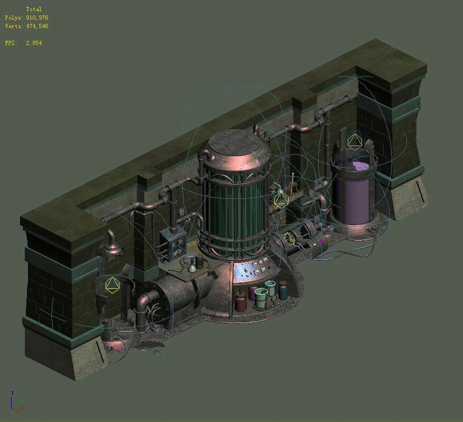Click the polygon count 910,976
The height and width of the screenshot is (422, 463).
(x=37, y=18)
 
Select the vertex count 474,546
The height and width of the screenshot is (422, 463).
(x=37, y=26)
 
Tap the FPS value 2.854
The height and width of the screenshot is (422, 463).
(x=34, y=43)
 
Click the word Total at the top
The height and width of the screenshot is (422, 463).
(x=34, y=9)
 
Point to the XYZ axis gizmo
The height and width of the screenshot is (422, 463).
(x=16, y=402)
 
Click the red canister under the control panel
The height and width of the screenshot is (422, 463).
(x=241, y=302)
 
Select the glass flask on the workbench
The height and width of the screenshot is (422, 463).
(x=191, y=266)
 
